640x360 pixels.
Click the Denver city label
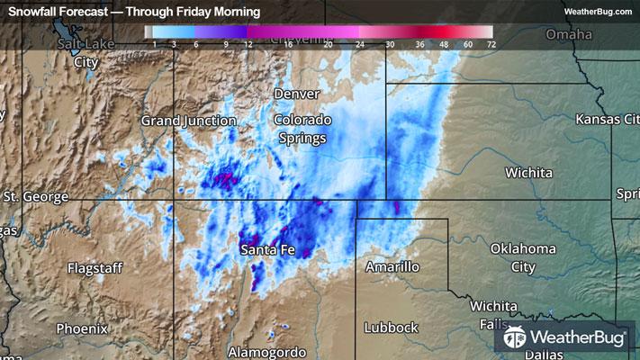point(296,94)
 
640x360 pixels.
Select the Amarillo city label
point(392,267)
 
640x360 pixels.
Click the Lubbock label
point(392,328)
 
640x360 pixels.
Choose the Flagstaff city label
point(95,267)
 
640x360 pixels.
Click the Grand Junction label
point(188,120)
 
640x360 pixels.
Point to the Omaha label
point(569,34)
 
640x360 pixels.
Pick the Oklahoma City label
point(522,257)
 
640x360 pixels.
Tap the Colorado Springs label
point(302,129)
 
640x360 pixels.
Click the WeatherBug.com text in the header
point(598,12)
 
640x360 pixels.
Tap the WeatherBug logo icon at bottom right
point(515,337)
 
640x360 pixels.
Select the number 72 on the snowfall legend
point(490,43)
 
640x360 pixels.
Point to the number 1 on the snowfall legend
point(156,43)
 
